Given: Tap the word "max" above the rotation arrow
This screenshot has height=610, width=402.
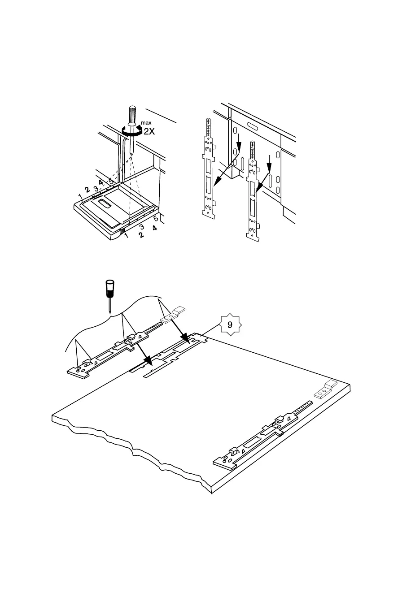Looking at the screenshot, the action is tap(146, 122).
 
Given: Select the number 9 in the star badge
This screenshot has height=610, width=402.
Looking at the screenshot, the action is tap(230, 324).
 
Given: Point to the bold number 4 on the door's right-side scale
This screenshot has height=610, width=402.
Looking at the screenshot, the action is tap(154, 228).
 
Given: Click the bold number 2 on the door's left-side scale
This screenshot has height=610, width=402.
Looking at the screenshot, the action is tap(87, 191).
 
